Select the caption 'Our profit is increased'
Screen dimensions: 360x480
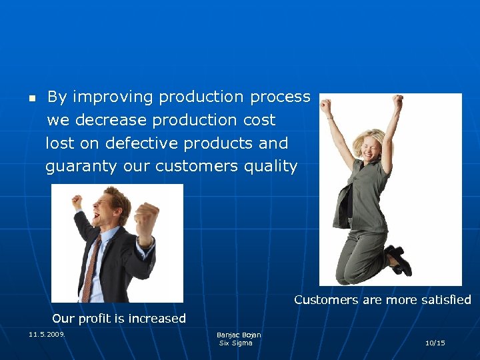pos(119,319)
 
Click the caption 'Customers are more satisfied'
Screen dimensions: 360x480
pos(382,300)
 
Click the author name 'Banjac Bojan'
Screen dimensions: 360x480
pos(239,335)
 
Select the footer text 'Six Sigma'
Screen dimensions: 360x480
pos(236,343)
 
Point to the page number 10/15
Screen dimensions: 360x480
pos(435,343)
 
